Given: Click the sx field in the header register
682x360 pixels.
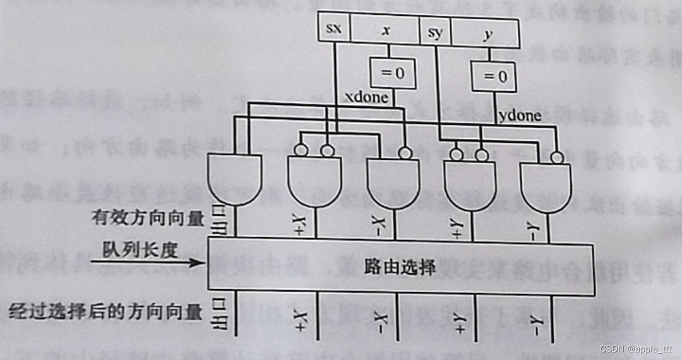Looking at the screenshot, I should (334, 30).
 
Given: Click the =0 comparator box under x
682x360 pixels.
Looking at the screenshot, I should (392, 73).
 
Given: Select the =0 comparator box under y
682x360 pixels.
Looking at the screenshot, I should (493, 77).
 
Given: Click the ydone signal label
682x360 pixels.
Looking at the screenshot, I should (520, 116).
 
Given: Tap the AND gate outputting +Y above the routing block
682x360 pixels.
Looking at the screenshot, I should (470, 184).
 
